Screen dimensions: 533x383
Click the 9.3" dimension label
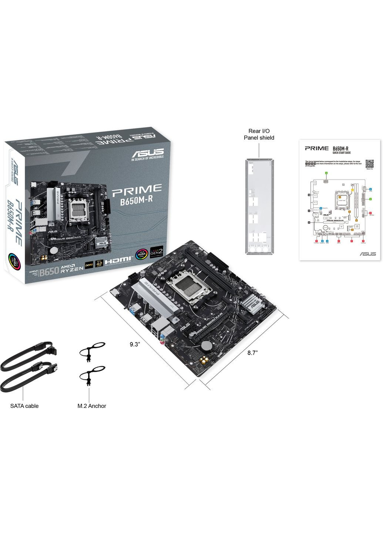point(134,344)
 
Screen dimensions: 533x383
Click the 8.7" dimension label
point(252,353)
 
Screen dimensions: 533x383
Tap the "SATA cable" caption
point(24,406)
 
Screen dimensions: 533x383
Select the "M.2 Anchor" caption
point(92,406)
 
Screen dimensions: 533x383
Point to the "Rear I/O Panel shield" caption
point(259,134)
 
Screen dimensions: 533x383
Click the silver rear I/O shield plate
point(259,207)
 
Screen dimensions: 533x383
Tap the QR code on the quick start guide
point(369,164)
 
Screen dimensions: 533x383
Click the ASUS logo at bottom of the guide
point(367,254)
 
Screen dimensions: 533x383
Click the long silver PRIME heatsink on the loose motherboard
point(158,296)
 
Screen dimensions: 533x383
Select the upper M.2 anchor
point(90,350)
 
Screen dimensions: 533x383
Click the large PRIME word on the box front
point(137,189)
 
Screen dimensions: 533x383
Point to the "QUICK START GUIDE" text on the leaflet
point(342,152)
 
